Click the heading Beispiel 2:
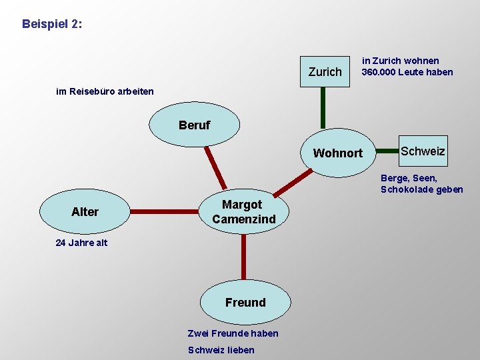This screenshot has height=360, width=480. [x=52, y=24]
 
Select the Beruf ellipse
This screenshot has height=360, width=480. [x=194, y=125]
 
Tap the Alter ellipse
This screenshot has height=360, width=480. [x=85, y=211]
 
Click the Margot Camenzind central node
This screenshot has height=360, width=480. [x=243, y=211]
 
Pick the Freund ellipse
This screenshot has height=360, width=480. [x=245, y=302]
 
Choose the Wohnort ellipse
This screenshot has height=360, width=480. [x=338, y=153]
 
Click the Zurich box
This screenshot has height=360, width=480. [x=325, y=71]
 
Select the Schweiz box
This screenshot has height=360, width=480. [x=423, y=151]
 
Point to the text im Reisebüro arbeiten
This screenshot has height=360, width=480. [x=105, y=91]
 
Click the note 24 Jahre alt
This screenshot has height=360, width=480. [x=81, y=243]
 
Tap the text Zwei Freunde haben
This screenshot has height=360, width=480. [x=233, y=333]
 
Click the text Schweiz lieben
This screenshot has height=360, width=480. [x=221, y=350]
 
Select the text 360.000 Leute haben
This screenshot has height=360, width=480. [x=407, y=72]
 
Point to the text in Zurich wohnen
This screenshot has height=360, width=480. [x=401, y=61]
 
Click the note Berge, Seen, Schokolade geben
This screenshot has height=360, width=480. [x=421, y=183]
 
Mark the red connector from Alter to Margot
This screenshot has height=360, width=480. [x=165, y=211]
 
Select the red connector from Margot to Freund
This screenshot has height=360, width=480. [x=244, y=256]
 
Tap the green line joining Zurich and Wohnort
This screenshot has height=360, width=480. [x=323, y=107]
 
